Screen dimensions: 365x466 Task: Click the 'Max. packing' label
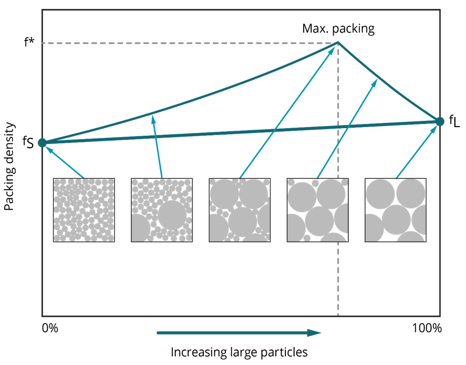[x=338, y=29]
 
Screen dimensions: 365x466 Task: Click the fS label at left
[x=29, y=143]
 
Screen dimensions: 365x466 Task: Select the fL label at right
[x=454, y=122]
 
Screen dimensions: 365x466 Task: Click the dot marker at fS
[x=42, y=143]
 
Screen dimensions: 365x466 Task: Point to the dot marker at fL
[x=440, y=121]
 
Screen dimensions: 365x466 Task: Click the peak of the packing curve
[x=338, y=43]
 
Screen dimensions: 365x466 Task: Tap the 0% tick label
[x=50, y=329]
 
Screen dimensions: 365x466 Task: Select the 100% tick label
[x=427, y=329]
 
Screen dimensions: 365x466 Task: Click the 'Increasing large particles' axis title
[x=239, y=353]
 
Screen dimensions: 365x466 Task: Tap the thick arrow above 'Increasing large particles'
[x=239, y=333]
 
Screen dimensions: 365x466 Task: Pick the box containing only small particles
[x=84, y=210]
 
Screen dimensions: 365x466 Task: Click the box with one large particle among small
[x=162, y=210]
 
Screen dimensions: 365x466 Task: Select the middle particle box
[x=239, y=210]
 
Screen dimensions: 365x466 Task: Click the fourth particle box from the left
[x=317, y=210]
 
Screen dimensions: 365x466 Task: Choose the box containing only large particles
[x=395, y=210]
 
